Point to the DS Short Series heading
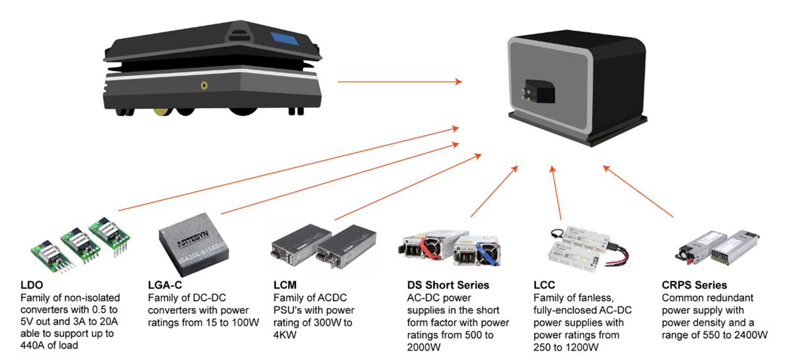449,285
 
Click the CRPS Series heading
694,285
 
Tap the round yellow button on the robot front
205,85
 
